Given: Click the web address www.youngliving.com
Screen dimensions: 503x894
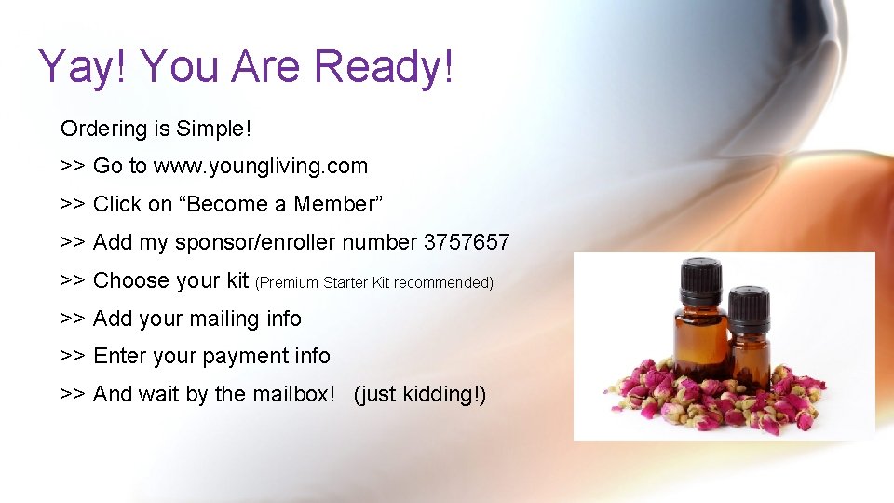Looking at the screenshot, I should pos(261,167).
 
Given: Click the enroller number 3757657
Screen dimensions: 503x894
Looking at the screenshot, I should pos(467,242).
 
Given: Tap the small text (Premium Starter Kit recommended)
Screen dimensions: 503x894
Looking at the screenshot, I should pos(373,282).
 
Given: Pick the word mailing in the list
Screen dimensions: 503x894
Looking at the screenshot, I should pos(224,319).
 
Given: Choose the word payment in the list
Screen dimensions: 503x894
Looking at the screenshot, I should pos(246,357).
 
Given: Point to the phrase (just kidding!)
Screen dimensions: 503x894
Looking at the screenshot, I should pos(419,394).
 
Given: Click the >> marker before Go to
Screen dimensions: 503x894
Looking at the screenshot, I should pos(74,167).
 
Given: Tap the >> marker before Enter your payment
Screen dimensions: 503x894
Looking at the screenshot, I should pos(74,357).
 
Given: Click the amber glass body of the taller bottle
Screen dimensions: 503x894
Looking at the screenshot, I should pos(701,340).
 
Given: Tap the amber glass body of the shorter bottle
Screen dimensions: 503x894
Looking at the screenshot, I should pos(750,354).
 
